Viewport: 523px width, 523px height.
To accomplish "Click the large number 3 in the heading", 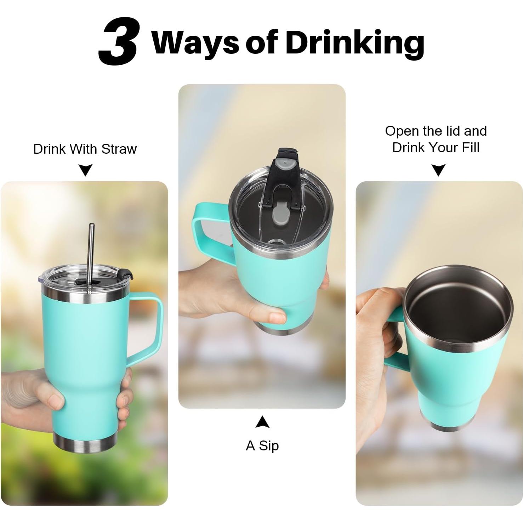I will click(118, 42).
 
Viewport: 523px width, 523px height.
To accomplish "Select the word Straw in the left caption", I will click(119, 149).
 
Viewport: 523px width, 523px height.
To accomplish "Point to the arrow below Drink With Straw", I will click(85, 170).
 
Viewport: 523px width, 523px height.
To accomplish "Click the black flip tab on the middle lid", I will click(283, 170).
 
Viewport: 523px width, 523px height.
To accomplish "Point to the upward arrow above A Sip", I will click(262, 422).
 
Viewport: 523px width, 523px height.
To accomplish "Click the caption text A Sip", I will click(262, 445).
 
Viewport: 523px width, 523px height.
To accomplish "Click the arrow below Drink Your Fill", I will click(438, 170).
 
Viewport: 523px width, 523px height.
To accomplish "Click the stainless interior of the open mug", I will click(457, 312).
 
